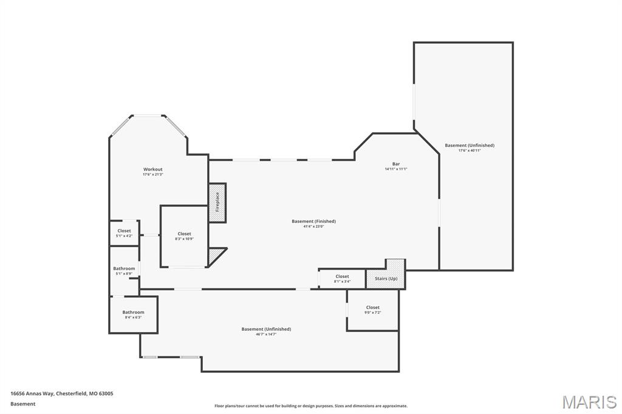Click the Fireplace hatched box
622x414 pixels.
217,202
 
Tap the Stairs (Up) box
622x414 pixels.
386,278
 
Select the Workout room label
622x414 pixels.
152,169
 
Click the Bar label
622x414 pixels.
395,164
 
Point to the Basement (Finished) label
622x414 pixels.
313,222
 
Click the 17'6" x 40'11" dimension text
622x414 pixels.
469,151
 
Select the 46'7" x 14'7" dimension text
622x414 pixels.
266,334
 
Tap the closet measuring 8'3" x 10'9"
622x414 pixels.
184,236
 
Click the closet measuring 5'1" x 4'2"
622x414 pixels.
124,233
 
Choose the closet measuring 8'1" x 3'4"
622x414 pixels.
342,279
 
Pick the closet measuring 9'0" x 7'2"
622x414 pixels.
372,310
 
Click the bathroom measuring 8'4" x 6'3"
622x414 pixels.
133,314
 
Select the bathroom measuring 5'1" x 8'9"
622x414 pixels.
124,271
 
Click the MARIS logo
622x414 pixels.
589,402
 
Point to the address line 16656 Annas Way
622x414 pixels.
61,393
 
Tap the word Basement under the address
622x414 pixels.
22,404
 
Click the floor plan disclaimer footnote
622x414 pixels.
310,406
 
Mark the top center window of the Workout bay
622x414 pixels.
148,115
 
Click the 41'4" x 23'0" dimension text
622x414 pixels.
313,226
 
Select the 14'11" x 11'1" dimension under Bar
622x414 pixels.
395,169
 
